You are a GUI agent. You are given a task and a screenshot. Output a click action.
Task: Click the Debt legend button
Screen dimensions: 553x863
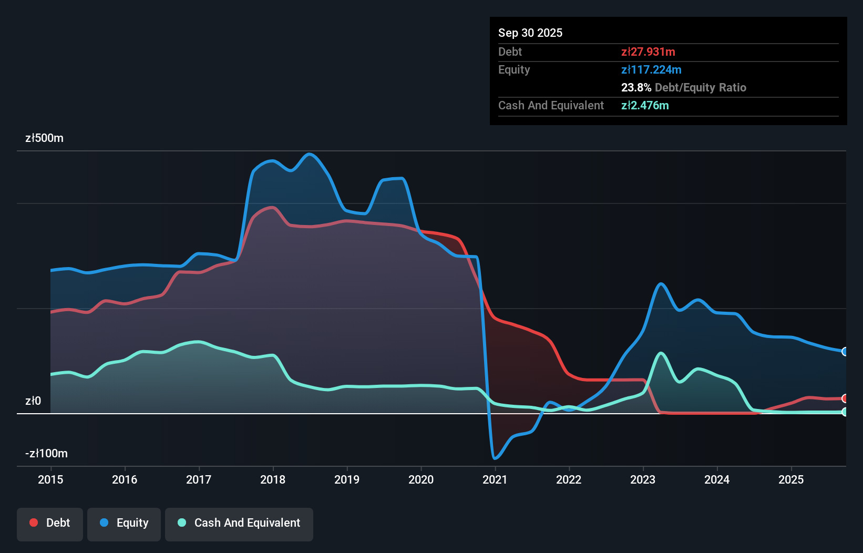pos(50,523)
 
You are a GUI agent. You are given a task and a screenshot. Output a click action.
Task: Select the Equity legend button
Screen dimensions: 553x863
pos(124,523)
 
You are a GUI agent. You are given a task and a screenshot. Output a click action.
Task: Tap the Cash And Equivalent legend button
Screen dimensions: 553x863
pos(239,523)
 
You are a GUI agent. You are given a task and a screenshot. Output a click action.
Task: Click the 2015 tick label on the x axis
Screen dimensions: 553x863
pos(50,479)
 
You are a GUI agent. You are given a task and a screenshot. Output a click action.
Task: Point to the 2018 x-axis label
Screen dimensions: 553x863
pos(273,479)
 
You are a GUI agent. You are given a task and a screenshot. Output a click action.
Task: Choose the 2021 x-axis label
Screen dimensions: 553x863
pos(495,479)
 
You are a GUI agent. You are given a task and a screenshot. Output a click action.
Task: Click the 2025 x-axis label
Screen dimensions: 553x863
pos(791,479)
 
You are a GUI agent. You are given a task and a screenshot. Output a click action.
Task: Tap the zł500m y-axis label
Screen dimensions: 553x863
pos(44,138)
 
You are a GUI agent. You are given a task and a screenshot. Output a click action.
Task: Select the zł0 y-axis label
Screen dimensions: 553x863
pos(33,401)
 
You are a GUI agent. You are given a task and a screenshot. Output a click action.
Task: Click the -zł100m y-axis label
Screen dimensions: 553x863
pos(46,454)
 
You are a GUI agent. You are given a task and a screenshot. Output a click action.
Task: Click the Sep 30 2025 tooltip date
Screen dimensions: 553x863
pos(530,33)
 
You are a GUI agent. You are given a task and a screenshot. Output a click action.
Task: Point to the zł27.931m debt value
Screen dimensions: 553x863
pos(648,52)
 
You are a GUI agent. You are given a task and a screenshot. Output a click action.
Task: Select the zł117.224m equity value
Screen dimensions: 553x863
pos(651,70)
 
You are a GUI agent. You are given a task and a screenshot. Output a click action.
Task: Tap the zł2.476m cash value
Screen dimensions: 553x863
pos(644,106)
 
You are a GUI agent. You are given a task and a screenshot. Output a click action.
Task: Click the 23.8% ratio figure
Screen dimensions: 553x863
pos(636,88)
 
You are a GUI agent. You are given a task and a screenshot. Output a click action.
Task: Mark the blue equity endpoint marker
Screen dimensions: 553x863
pos(845,352)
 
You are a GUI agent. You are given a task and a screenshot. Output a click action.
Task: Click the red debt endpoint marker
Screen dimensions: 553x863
pos(845,398)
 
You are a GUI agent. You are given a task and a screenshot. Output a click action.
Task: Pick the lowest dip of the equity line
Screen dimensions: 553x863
pos(495,458)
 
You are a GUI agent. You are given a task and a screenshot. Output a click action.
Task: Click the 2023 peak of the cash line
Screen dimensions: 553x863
pos(661,353)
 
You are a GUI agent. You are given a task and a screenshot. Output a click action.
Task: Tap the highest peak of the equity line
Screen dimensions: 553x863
pos(310,154)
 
